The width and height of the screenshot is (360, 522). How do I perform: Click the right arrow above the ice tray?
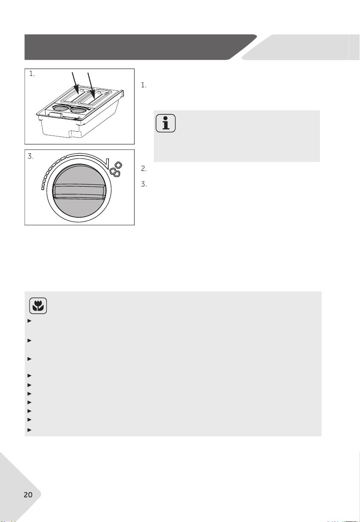91,85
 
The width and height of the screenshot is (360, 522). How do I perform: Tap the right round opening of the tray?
78,110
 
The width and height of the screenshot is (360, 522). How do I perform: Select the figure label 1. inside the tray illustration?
32,74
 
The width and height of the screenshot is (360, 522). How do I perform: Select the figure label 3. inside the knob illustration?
31,156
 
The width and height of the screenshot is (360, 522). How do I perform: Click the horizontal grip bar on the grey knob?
79,191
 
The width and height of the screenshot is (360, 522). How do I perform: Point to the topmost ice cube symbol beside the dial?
118,165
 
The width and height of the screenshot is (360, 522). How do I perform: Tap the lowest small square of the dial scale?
43,188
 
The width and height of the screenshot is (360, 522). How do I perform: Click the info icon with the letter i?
165,123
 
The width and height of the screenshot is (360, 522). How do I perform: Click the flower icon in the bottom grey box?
38,306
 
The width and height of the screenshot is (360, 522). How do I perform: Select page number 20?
28,495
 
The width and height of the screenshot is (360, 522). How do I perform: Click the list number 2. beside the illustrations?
144,169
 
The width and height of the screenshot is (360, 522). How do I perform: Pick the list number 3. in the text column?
144,184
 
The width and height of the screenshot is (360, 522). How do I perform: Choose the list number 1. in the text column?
144,85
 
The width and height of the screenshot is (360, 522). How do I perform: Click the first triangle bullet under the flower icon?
29,321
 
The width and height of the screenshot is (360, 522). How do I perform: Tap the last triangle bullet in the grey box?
29,430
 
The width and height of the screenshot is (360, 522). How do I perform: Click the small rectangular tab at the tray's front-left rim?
55,114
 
